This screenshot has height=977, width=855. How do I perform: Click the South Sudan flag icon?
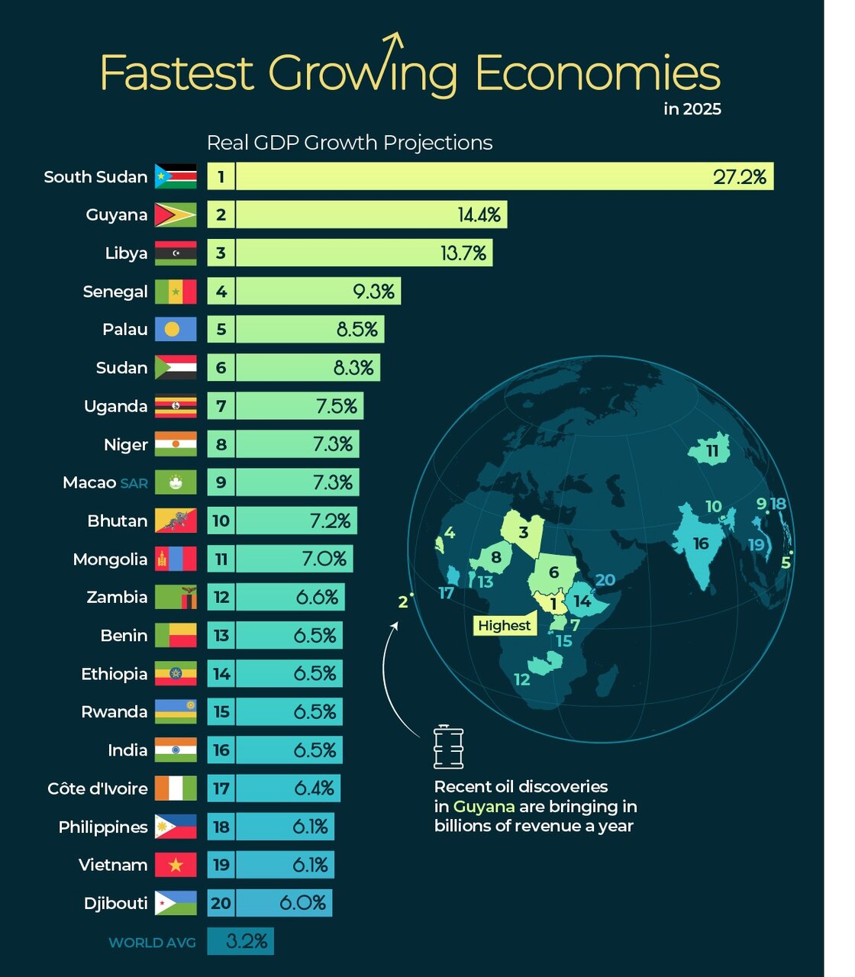coord(176,176)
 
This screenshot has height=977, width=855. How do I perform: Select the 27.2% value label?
coord(739,177)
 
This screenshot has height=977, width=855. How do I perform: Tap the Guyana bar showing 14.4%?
coord(371,214)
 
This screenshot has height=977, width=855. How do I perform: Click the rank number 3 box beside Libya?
coord(221,253)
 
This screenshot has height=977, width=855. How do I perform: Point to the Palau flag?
coord(176,329)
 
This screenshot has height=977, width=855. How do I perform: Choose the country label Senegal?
coord(115,292)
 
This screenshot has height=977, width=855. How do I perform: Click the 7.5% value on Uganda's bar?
coord(337,406)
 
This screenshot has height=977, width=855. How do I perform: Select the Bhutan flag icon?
coord(176,521)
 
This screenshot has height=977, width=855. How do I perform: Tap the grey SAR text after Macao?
coord(134,483)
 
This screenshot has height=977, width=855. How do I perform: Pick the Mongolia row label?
coord(110,559)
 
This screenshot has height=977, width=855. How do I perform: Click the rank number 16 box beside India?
coord(221,750)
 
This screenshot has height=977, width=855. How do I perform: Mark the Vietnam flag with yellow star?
coord(176,865)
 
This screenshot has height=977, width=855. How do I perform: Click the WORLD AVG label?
coord(152,943)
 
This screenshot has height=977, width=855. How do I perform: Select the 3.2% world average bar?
coord(240,941)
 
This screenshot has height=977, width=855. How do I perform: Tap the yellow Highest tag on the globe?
coord(504,626)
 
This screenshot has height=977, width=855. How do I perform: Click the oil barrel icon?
coord(448,747)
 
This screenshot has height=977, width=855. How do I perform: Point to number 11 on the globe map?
coord(712,451)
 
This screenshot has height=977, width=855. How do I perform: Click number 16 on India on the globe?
coord(701,543)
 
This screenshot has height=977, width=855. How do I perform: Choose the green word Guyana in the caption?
coord(484,807)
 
